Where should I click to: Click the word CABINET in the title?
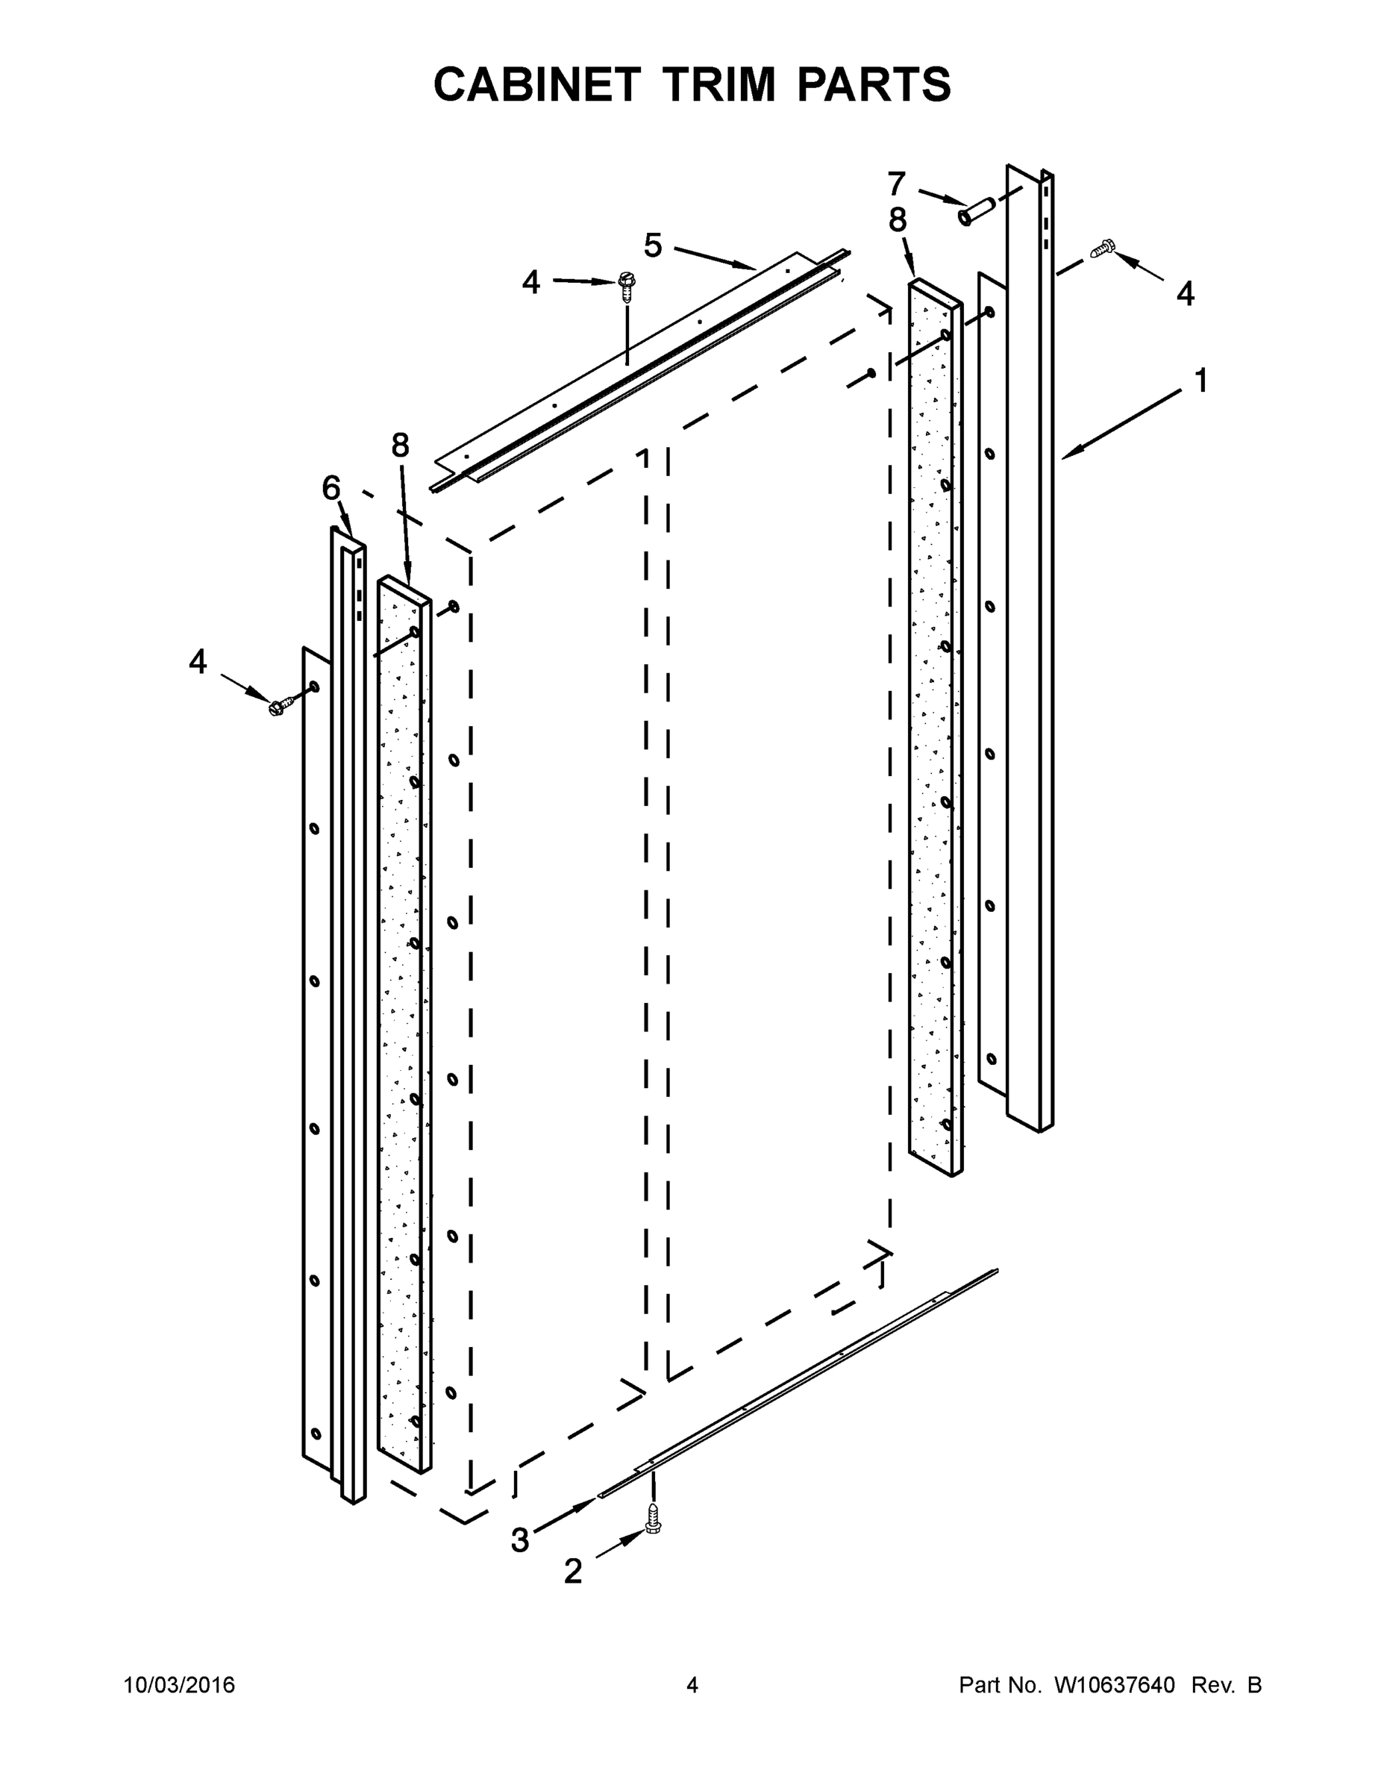pyautogui.click(x=536, y=84)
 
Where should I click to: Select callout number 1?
pyautogui.click(x=1200, y=381)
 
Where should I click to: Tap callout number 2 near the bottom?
pyautogui.click(x=573, y=1571)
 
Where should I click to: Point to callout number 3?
pyautogui.click(x=520, y=1540)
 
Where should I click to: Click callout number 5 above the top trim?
pyautogui.click(x=653, y=246)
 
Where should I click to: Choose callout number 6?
pyautogui.click(x=331, y=489)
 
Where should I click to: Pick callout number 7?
pyautogui.click(x=896, y=183)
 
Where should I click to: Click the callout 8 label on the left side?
pyautogui.click(x=399, y=446)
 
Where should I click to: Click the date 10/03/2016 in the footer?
pyautogui.click(x=180, y=1685)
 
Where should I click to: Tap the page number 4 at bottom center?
pyautogui.click(x=692, y=1685)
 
